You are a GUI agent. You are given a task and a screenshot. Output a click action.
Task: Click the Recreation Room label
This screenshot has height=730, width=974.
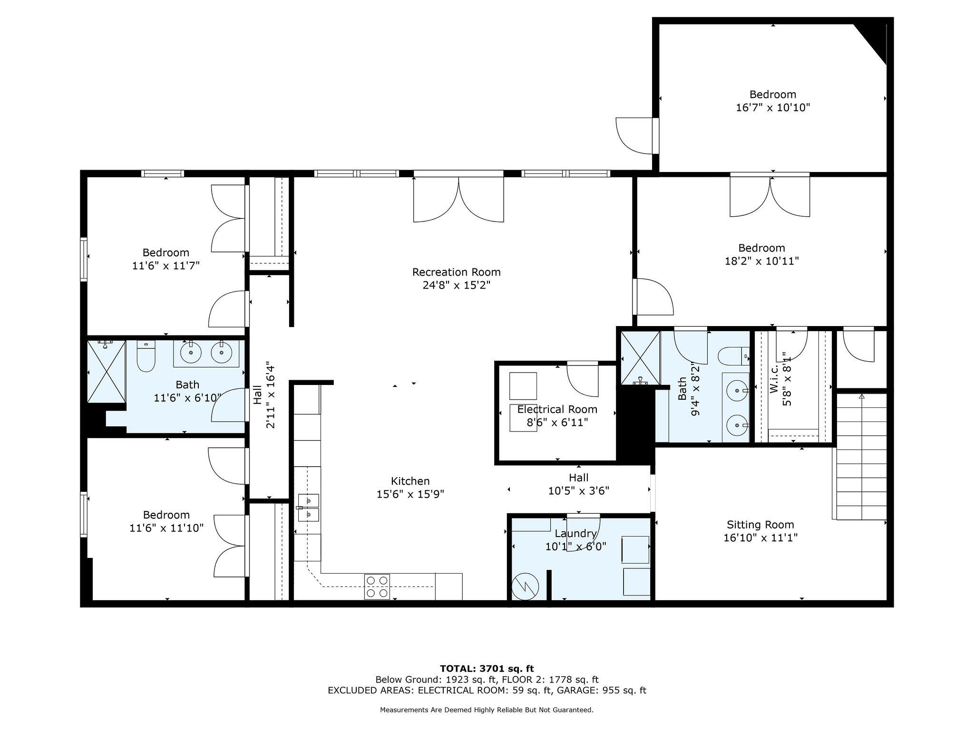point(456,272)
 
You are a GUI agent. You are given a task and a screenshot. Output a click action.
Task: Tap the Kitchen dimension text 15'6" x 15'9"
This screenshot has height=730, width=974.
point(410,494)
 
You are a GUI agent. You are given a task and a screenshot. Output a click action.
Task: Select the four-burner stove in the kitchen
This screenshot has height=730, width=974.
point(377,587)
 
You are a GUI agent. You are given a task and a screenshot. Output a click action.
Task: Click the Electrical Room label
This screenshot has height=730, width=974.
point(557,409)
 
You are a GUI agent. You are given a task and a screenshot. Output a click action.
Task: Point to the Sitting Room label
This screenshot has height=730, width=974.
point(760,525)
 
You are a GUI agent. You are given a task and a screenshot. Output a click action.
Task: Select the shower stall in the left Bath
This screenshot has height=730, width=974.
point(106,371)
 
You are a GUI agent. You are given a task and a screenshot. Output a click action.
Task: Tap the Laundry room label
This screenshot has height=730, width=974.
point(575,533)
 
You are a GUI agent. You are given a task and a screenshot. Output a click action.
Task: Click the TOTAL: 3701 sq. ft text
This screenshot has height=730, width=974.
point(487,669)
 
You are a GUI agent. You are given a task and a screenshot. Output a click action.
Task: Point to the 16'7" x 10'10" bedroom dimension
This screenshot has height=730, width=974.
point(773,107)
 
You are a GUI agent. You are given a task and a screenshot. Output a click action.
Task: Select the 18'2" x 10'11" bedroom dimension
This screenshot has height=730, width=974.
point(761,261)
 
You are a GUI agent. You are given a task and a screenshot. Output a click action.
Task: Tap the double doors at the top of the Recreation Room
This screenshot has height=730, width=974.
point(458,199)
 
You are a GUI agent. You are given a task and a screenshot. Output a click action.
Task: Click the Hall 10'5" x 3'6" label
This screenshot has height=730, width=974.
point(578,484)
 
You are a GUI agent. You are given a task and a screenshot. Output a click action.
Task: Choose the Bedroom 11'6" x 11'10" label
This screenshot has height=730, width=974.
point(166,521)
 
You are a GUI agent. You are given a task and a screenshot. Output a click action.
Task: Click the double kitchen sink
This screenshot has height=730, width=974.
point(309,508)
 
